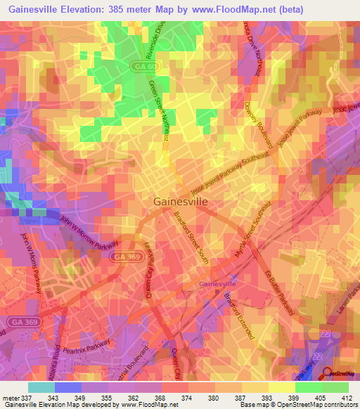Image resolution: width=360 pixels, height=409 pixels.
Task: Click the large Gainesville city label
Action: coord(180,201)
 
